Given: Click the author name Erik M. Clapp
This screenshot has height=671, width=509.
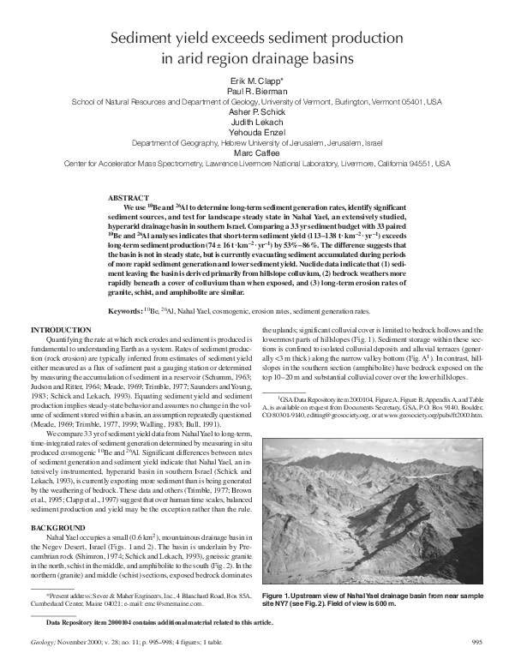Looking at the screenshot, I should (254, 80).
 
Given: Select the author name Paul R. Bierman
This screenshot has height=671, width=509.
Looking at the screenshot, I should (254, 90).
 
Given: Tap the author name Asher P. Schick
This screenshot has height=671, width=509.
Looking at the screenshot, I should (254, 111).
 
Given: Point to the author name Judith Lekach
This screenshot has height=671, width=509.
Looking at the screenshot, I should (254, 122).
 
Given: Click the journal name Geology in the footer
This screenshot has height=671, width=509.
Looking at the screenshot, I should (43, 663).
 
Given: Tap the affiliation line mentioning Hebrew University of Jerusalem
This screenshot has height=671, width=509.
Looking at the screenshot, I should (254, 143).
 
